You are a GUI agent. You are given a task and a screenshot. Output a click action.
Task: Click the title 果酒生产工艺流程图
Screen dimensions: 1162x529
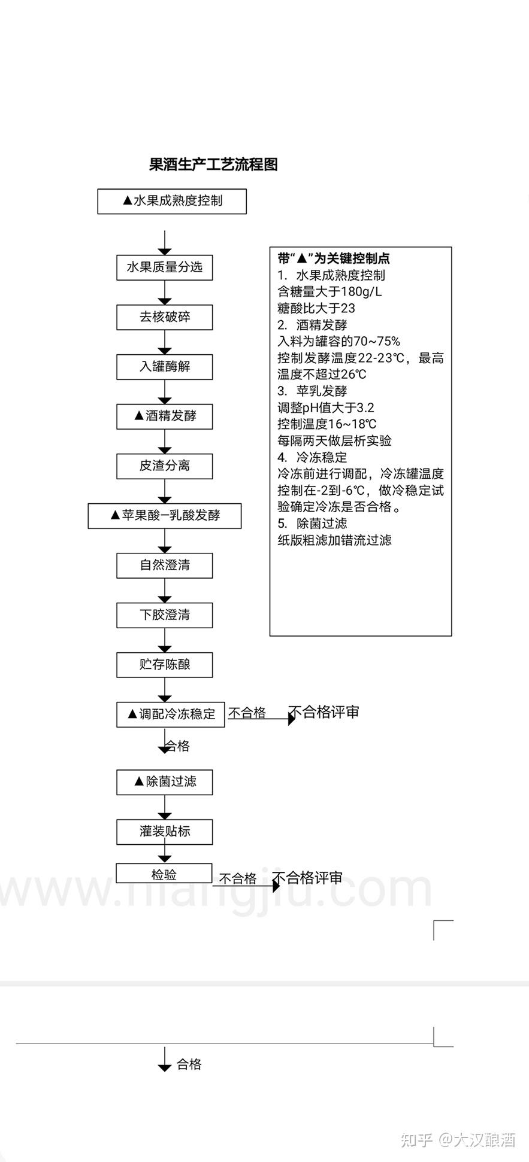click(213, 165)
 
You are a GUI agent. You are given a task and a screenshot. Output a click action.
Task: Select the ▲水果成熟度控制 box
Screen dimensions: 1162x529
click(172, 201)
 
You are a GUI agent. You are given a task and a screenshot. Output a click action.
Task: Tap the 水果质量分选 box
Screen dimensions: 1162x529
click(164, 267)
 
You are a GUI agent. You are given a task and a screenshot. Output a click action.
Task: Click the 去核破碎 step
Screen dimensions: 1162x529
click(164, 317)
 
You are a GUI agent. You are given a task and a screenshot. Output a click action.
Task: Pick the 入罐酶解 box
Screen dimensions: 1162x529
click(164, 367)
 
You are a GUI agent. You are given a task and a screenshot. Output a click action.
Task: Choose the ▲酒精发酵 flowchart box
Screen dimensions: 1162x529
click(164, 416)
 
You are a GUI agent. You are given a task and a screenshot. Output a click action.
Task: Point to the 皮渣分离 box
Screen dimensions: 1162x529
click(164, 466)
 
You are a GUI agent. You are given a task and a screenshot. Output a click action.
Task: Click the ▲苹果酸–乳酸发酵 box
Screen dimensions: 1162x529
click(164, 516)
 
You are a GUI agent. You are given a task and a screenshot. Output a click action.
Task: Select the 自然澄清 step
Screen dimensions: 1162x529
click(164, 565)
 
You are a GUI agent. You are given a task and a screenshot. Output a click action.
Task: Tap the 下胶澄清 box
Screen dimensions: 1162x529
click(164, 615)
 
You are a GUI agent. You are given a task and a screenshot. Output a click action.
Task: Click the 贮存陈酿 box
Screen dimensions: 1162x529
click(164, 665)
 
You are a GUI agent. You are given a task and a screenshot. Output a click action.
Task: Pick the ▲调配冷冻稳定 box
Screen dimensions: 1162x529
click(170, 714)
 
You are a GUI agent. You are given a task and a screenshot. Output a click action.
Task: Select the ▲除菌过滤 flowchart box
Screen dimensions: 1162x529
click(164, 782)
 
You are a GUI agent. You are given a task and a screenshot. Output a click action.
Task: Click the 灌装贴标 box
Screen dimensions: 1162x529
click(164, 832)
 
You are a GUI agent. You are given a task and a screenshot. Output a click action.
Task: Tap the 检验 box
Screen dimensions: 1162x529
click(164, 874)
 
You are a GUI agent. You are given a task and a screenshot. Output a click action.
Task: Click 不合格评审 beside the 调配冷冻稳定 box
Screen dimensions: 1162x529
click(324, 712)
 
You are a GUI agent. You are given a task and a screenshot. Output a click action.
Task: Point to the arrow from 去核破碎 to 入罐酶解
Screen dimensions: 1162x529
click(164, 343)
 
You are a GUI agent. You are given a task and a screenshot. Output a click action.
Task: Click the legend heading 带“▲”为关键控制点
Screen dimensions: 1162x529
click(334, 258)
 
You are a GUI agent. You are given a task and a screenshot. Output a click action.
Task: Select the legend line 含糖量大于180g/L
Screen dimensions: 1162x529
click(330, 292)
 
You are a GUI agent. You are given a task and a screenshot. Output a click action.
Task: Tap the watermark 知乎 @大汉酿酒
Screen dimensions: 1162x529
click(458, 1139)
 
